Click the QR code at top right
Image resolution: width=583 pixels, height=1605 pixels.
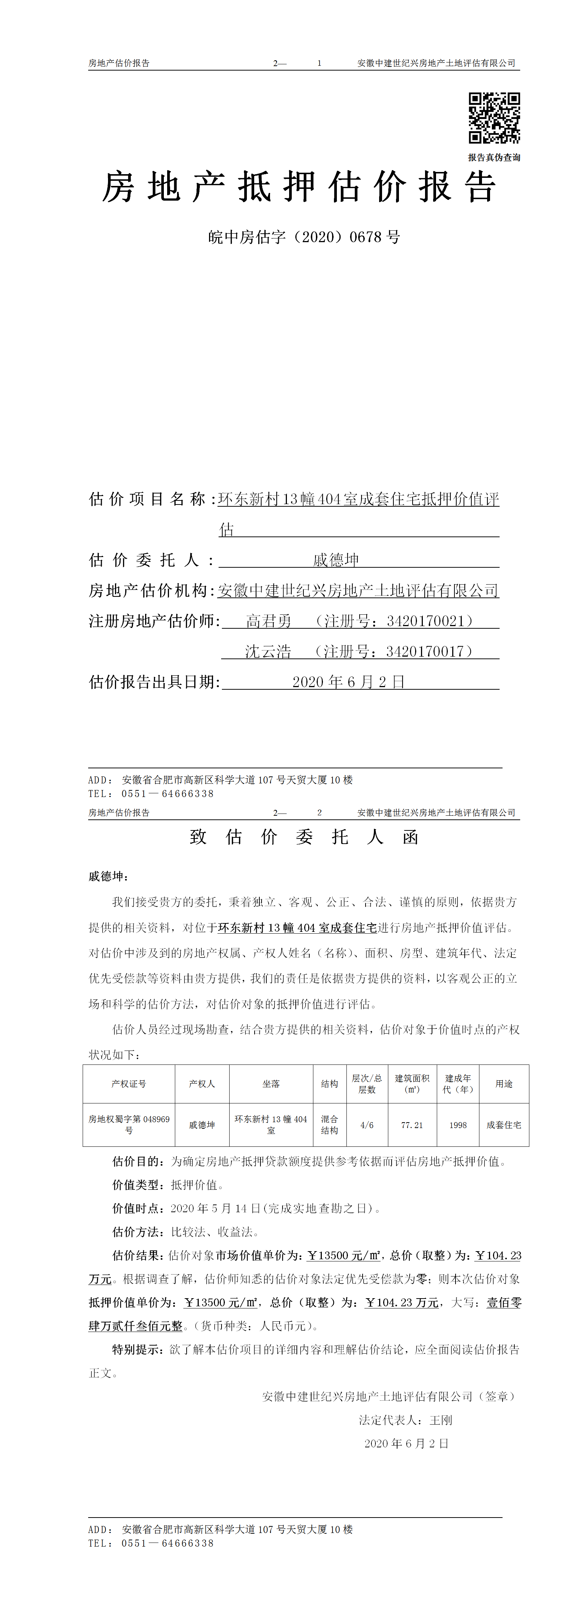pos(494,118)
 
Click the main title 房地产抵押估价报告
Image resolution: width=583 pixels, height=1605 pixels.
pos(299,187)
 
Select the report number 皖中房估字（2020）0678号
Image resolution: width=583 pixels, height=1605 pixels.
pos(304,237)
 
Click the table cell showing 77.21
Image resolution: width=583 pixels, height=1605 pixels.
pos(412,1125)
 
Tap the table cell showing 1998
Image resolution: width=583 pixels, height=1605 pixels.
pos(458,1125)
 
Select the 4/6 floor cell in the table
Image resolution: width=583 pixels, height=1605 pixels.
pos(367,1125)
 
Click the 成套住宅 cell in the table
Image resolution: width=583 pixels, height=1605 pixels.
pos(504,1125)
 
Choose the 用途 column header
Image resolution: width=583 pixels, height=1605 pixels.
pos(504,1084)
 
